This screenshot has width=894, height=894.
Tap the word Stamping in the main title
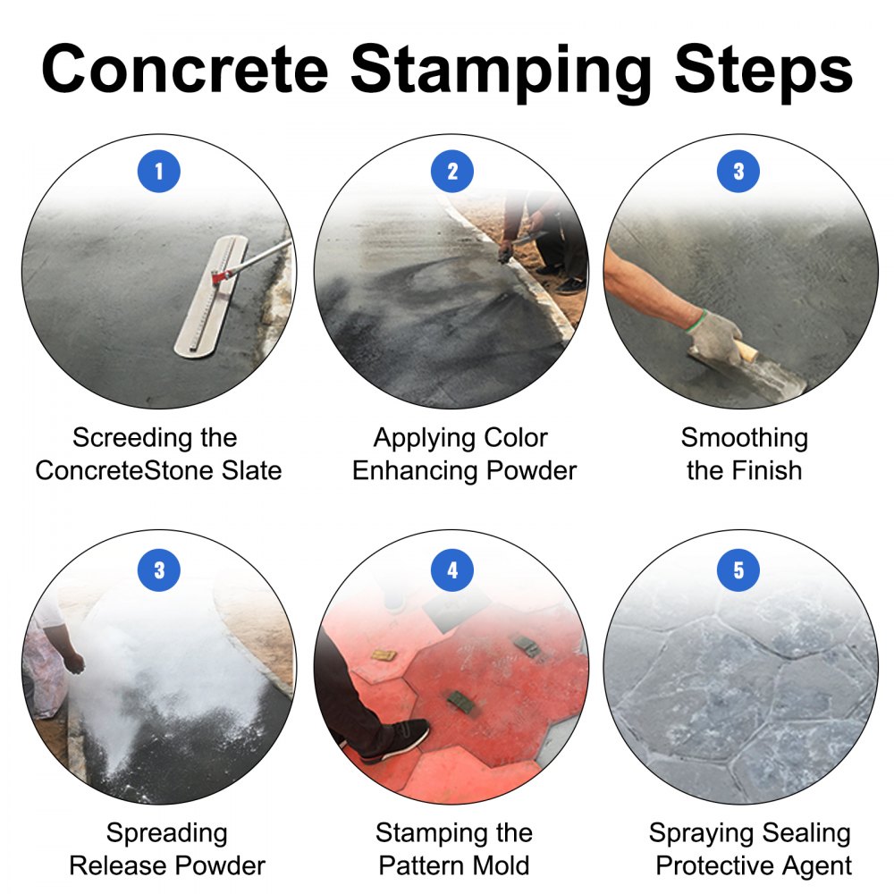pos(501,70)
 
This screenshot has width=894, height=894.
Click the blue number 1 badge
pos(159,172)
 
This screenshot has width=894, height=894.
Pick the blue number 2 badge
pos(451,172)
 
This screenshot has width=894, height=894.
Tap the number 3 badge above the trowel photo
pos(738,172)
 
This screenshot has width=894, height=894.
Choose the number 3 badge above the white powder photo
pos(159,569)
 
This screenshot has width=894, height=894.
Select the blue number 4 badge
pos(451,569)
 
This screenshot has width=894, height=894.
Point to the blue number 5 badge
pos(738,569)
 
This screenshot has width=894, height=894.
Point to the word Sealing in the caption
pos(801,833)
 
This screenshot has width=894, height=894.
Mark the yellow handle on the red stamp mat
pos(384,655)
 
